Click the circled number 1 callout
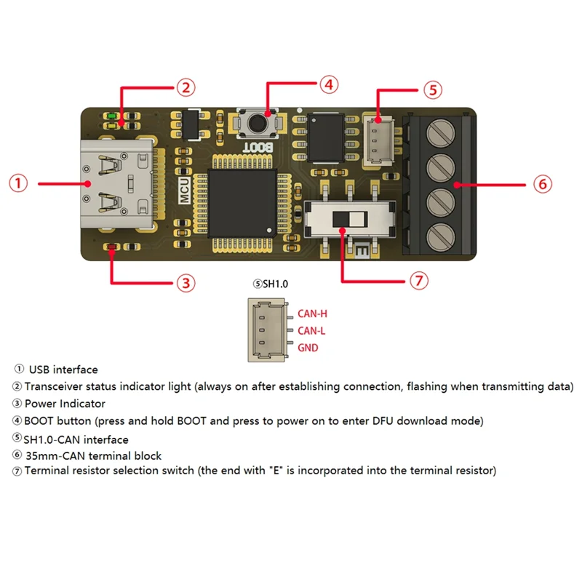click(19, 183)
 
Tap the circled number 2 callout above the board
click(186, 88)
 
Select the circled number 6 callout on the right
click(542, 183)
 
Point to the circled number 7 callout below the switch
click(418, 281)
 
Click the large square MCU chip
click(242, 202)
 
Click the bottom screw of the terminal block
click(438, 236)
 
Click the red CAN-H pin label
click(313, 314)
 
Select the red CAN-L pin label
click(312, 331)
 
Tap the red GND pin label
click(308, 348)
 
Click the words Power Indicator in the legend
click(65, 403)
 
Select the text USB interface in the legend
click(63, 370)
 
